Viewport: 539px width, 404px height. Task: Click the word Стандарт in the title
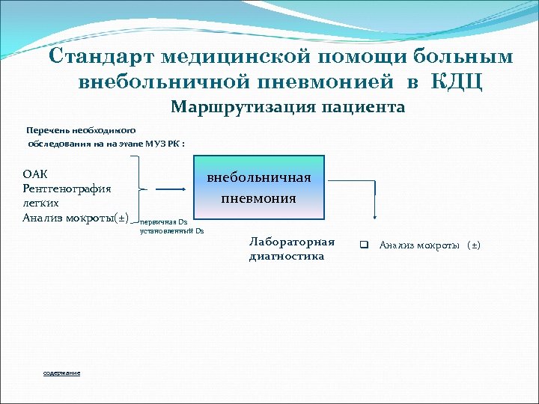tap(100, 57)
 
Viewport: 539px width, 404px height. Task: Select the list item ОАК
tap(35, 174)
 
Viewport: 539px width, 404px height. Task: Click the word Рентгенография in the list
tap(67, 189)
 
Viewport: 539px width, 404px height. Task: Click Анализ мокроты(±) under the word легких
tap(76, 218)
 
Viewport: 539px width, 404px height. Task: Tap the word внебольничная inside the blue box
tap(258, 178)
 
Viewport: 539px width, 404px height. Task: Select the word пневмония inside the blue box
tap(258, 199)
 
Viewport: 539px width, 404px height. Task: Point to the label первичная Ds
tap(163, 222)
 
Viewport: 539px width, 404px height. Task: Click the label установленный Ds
tap(171, 230)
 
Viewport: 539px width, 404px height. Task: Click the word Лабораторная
tap(291, 242)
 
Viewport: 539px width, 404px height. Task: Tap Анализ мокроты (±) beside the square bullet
tap(430, 245)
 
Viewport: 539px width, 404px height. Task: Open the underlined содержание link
tap(61, 373)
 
